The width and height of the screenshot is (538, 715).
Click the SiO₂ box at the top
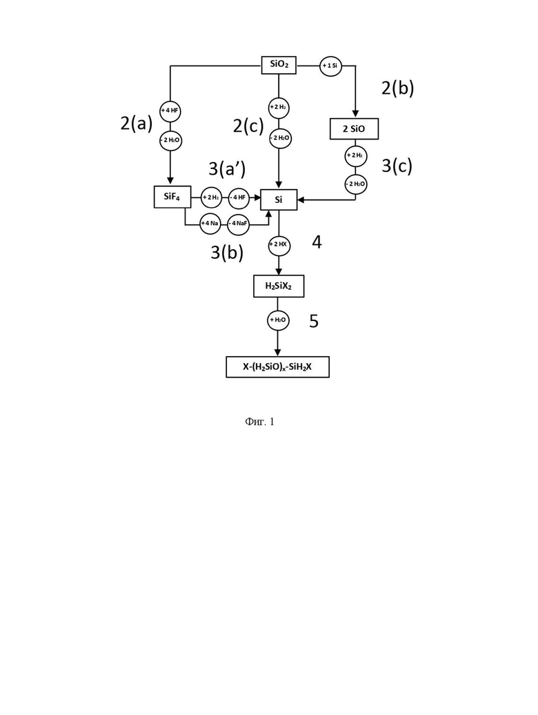click(x=279, y=65)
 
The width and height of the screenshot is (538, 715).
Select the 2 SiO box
click(x=354, y=128)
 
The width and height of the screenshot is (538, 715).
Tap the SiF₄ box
click(x=172, y=197)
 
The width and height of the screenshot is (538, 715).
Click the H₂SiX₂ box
click(x=279, y=286)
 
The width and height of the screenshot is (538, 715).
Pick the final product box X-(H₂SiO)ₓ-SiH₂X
click(x=277, y=366)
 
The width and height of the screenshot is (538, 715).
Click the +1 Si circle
click(x=330, y=66)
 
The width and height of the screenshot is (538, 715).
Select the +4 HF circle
click(x=170, y=111)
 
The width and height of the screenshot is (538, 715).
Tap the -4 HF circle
click(x=239, y=197)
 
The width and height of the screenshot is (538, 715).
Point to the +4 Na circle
click(x=210, y=223)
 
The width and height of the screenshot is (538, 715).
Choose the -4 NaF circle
click(x=239, y=224)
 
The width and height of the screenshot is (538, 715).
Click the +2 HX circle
click(x=279, y=244)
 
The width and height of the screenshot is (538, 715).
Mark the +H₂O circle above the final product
click(x=277, y=320)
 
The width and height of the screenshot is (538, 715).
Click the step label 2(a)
click(x=136, y=123)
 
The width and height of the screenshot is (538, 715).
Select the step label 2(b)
click(x=398, y=88)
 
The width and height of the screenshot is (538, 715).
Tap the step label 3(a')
click(x=228, y=168)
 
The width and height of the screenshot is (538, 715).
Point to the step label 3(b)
click(x=227, y=252)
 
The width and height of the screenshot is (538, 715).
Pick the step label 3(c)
click(x=397, y=166)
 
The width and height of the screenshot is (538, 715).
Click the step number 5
click(x=314, y=322)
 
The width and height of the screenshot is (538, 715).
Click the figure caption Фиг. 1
click(x=259, y=422)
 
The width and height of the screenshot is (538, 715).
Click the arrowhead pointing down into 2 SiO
click(x=355, y=114)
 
